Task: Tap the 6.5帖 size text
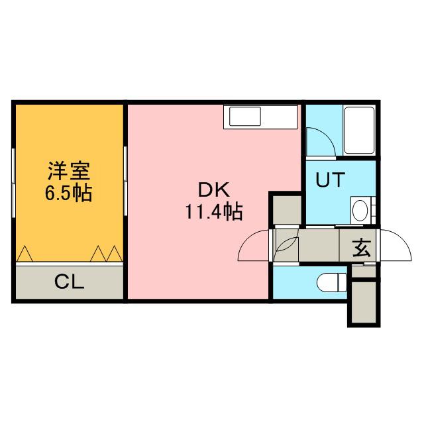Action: click(69, 193)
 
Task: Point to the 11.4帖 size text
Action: click(213, 212)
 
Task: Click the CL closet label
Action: click(69, 283)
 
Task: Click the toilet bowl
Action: click(333, 283)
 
